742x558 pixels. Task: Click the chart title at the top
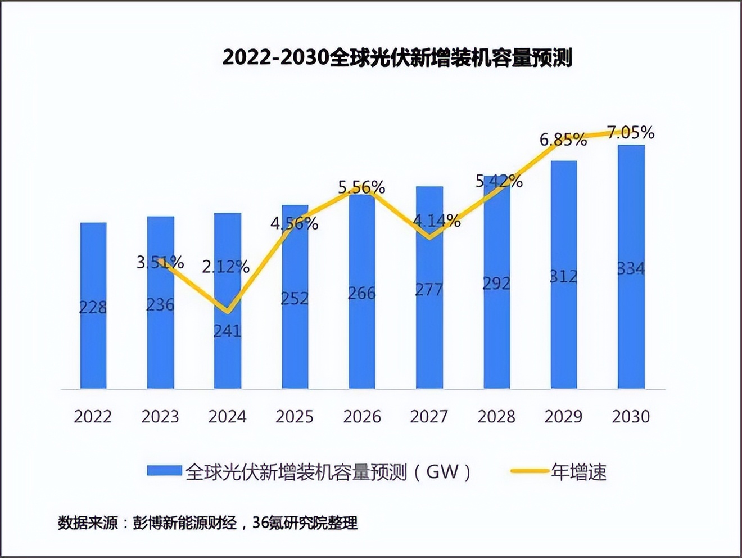pyautogui.click(x=397, y=57)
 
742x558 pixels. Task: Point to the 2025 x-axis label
pyautogui.click(x=295, y=417)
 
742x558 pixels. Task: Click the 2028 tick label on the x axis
pyautogui.click(x=496, y=417)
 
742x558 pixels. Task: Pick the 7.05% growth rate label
pyautogui.click(x=631, y=133)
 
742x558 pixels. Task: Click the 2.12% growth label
pyautogui.click(x=226, y=267)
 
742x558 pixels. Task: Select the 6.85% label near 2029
pyautogui.click(x=563, y=139)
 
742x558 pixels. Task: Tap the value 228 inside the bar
pyautogui.click(x=93, y=307)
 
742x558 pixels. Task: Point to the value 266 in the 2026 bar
pyautogui.click(x=361, y=293)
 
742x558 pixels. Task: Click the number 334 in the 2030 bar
pyautogui.click(x=631, y=269)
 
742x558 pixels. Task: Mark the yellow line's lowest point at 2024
pyautogui.click(x=227, y=311)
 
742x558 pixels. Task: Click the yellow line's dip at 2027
pyautogui.click(x=429, y=237)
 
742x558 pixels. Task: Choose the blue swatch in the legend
pyautogui.click(x=164, y=471)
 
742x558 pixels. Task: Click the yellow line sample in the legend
pyautogui.click(x=529, y=471)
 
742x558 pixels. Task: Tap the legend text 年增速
pyautogui.click(x=579, y=472)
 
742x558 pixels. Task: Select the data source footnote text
pyautogui.click(x=208, y=523)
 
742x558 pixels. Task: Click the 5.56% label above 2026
pyautogui.click(x=361, y=187)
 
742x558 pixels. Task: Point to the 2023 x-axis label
pyautogui.click(x=160, y=417)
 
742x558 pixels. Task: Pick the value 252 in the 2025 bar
pyautogui.click(x=295, y=298)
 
